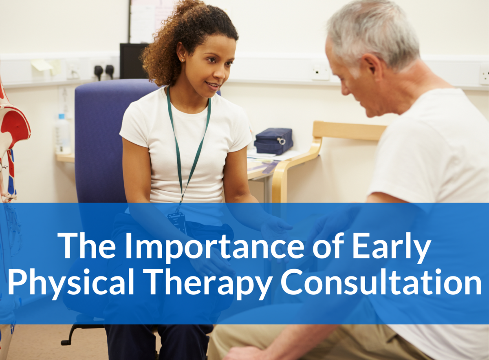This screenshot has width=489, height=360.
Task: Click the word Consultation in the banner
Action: coord(381,283)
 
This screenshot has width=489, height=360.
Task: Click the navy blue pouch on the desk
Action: coord(273,141)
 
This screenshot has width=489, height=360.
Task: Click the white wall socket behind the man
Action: coord(320,72)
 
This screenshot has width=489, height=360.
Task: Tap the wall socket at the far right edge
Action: coord(484,75)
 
